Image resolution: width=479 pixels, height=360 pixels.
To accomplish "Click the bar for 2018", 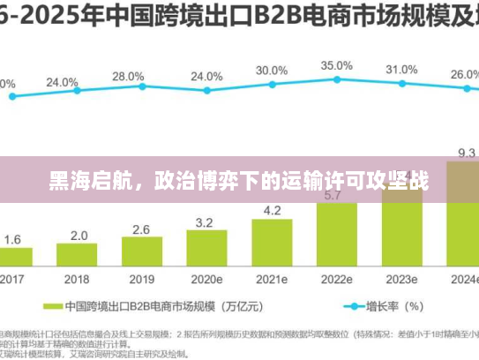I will pyautogui.click(x=79, y=254).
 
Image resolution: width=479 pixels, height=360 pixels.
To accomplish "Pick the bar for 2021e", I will pyautogui.click(x=272, y=242).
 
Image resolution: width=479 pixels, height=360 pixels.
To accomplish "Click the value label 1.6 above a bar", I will pyautogui.click(x=12, y=239).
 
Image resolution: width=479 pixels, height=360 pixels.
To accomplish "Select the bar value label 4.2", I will pyautogui.click(x=272, y=210).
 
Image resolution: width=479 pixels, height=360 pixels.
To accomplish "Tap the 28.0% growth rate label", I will pyautogui.click(x=129, y=77).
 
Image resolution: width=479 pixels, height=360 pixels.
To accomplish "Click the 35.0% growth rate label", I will pyautogui.click(x=336, y=65).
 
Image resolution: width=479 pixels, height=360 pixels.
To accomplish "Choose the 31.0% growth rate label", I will pyautogui.click(x=401, y=70).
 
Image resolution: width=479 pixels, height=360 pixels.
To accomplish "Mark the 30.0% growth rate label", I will pyautogui.click(x=272, y=71).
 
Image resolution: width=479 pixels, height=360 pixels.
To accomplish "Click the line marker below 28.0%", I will pyautogui.click(x=141, y=88).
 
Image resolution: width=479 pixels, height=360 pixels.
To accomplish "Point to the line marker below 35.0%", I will pyautogui.click(x=337, y=79).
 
